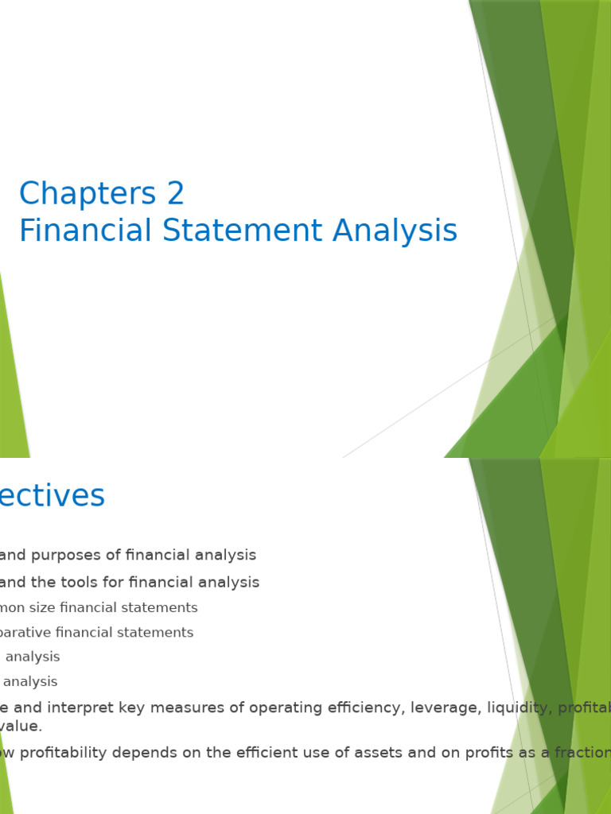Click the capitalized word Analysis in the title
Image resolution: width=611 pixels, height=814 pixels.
coord(395,231)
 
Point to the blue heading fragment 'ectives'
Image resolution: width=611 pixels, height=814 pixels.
coord(53,496)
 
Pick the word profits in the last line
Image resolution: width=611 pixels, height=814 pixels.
coord(471,753)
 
